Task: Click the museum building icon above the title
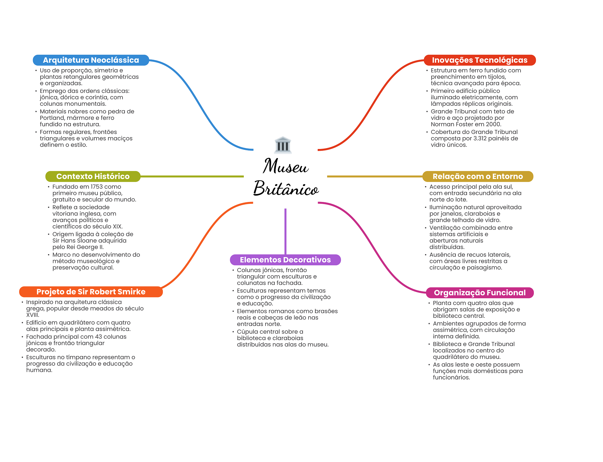tap(283, 145)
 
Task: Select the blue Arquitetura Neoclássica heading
tap(91, 60)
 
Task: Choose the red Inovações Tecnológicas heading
tap(480, 60)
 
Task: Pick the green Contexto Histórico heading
tap(93, 176)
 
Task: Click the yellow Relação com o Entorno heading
tap(478, 176)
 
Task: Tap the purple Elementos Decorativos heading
tap(285, 260)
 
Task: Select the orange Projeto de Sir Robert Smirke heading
tap(91, 292)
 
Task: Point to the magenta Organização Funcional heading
tap(480, 293)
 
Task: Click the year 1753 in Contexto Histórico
tap(97, 187)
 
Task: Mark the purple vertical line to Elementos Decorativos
tap(285, 231)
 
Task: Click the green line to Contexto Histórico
tap(192, 176)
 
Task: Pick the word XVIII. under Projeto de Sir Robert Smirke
tap(32, 315)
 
